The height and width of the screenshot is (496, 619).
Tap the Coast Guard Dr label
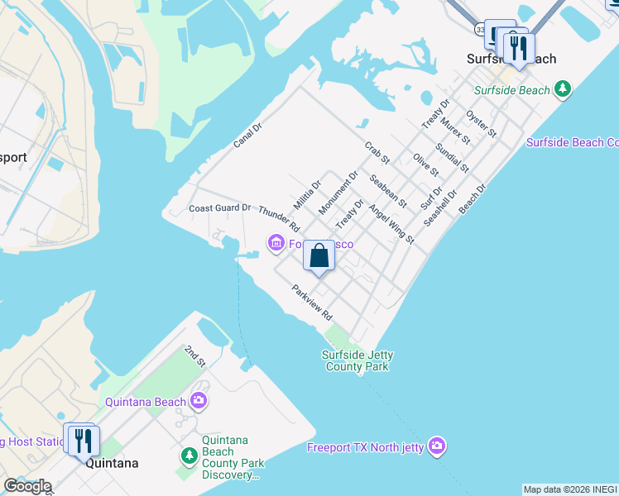click(x=219, y=207)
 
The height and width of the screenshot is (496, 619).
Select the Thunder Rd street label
click(x=278, y=217)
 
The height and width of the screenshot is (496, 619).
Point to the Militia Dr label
click(x=306, y=195)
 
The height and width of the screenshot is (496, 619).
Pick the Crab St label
click(x=377, y=153)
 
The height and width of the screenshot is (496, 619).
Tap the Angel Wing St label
click(x=391, y=224)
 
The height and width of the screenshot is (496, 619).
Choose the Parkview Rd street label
click(x=311, y=303)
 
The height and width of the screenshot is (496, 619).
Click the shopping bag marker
click(x=319, y=256)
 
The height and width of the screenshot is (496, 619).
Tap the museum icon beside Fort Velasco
click(x=276, y=241)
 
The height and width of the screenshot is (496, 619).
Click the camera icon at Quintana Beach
click(x=199, y=402)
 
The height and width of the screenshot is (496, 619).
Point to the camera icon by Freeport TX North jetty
click(x=437, y=446)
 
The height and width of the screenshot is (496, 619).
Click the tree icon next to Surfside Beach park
click(x=563, y=88)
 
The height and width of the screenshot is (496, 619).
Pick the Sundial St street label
click(x=453, y=156)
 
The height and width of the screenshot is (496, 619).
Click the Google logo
click(x=26, y=486)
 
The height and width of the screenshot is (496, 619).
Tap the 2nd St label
click(x=194, y=355)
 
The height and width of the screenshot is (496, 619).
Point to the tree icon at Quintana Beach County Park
click(x=189, y=455)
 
